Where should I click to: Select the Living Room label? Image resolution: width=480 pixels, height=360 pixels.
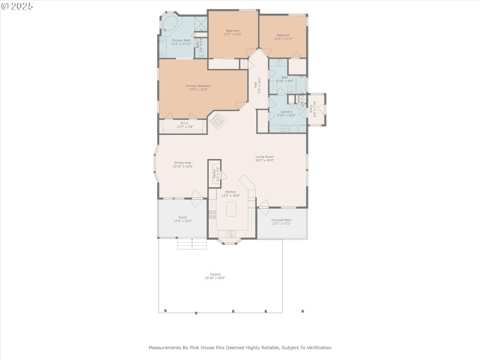click(x=264, y=158)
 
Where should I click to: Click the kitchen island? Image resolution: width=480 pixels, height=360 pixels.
click(x=232, y=209)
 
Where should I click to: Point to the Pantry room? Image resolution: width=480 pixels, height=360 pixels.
click(x=214, y=174)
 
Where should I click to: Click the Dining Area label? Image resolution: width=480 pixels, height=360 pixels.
click(x=182, y=163)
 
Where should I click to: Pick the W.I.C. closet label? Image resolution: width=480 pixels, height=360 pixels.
click(x=185, y=125)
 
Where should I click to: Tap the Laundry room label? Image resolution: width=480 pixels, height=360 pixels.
click(x=286, y=113)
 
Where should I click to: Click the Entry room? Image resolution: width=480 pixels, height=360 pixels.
click(x=316, y=109)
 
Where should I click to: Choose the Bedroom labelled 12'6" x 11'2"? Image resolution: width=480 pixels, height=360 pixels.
click(x=283, y=37)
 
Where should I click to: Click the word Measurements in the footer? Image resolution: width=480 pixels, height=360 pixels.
click(x=164, y=347)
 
